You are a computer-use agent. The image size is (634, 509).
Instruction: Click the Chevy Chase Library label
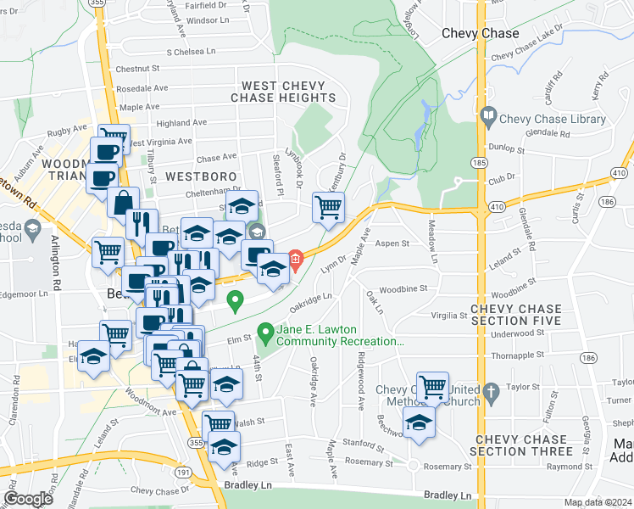[553, 120]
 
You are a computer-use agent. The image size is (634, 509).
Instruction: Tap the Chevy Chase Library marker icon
[488, 116]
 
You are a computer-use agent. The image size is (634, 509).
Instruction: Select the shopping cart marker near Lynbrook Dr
[327, 207]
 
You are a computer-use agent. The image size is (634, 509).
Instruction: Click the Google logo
[29, 498]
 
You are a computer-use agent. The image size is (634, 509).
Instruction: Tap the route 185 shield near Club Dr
[481, 160]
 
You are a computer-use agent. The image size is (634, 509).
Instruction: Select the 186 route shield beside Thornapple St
[587, 359]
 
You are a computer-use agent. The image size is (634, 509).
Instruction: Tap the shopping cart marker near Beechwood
[432, 387]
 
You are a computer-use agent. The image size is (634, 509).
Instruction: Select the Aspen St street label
[394, 243]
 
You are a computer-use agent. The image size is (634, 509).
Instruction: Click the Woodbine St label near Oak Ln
[404, 290]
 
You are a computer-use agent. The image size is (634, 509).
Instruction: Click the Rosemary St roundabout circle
[412, 466]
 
